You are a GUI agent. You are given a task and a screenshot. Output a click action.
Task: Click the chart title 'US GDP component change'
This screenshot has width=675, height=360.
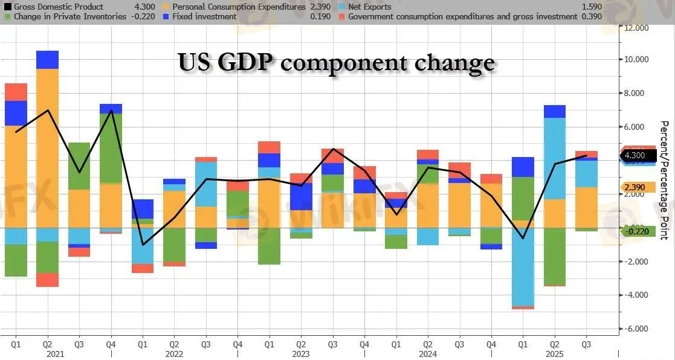pos(336,63)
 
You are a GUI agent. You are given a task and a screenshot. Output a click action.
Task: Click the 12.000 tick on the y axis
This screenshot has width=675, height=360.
pos(636,28)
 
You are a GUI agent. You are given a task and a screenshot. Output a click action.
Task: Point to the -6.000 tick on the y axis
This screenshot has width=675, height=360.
pos(636,329)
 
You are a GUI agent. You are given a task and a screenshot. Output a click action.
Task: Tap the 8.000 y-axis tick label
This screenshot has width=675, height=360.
pos(636,94)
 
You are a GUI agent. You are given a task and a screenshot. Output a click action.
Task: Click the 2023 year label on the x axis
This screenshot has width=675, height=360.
pos(301,354)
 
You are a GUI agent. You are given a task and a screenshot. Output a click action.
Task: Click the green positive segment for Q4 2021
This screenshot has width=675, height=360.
pos(111,148)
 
